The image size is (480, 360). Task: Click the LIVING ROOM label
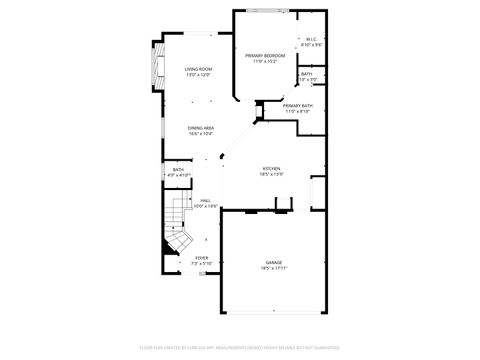coord(198,68)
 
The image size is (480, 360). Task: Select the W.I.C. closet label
coord(311,40)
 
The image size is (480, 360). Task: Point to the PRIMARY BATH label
coord(297,105)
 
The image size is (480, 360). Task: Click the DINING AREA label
coord(201,128)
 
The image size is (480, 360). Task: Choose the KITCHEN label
coord(271,168)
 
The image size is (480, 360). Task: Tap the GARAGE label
coord(273,263)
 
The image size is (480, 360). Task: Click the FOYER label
coord(202,258)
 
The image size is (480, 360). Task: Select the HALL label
coord(204,200)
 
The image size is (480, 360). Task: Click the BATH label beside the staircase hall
coord(178,170)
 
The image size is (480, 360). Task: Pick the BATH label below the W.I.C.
coord(306,73)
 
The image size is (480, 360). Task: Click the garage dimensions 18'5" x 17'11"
coord(273,269)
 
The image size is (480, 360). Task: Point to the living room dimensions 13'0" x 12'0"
coord(198,74)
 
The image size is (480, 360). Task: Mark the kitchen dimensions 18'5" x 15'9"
coord(271,174)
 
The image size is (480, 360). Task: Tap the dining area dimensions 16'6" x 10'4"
coord(201,134)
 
